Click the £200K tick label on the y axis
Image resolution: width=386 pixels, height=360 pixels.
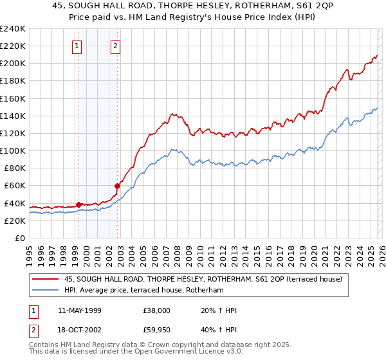point(12,64)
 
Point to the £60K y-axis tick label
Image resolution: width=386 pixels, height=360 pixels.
point(14,186)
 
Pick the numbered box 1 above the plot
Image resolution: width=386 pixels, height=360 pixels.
point(77,46)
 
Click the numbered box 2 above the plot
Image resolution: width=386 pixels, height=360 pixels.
point(115,46)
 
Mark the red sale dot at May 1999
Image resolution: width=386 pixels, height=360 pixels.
point(78,204)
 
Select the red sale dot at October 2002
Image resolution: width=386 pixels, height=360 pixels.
point(118,186)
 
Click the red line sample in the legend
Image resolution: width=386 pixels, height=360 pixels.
point(46,278)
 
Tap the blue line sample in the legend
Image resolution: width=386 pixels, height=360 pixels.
point(46,290)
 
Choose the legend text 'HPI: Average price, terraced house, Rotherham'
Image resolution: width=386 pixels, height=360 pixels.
point(143,290)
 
